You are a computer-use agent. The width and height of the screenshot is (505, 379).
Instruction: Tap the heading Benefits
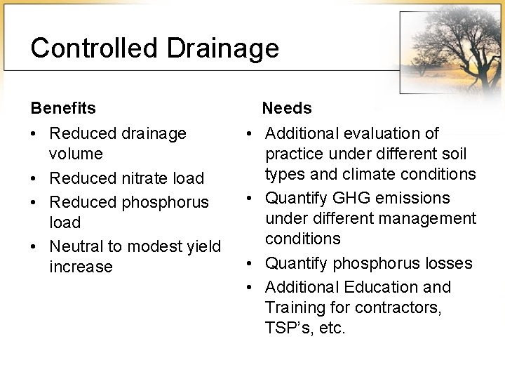point(63,109)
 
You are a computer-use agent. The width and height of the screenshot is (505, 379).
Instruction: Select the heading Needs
point(287,109)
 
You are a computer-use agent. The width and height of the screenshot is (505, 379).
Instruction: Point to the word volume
point(76,154)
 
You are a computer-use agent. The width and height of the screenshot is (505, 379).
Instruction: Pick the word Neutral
point(76,246)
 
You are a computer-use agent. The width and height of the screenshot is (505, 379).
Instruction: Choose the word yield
point(203,246)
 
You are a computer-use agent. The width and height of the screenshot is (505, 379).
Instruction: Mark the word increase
point(81,267)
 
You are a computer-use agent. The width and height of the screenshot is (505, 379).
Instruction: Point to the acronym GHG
point(346,199)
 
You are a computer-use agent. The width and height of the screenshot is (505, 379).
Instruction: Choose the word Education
point(383,287)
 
